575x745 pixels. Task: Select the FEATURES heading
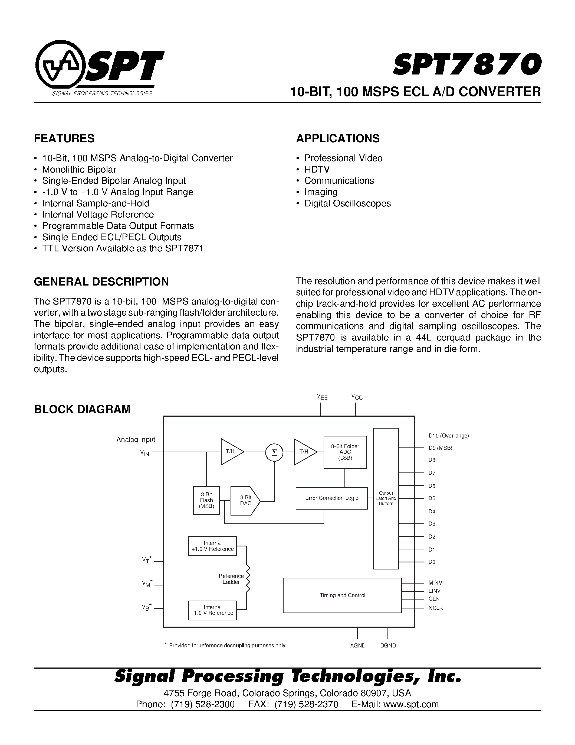(64, 138)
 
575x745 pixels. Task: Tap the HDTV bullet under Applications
(317, 170)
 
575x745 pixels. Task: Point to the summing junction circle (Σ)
(274, 452)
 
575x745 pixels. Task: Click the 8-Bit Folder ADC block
(345, 452)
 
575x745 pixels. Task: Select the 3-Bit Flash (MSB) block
(206, 500)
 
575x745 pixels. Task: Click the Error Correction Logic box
(331, 498)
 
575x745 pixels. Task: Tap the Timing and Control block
(342, 595)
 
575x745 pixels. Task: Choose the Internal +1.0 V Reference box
(213, 546)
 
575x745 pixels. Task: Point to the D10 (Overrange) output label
(449, 436)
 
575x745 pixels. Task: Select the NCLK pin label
(436, 608)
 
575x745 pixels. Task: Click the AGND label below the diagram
(358, 645)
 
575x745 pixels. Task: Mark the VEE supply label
(322, 397)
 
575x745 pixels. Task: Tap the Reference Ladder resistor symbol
(248, 579)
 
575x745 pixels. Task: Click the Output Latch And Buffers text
(386, 498)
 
